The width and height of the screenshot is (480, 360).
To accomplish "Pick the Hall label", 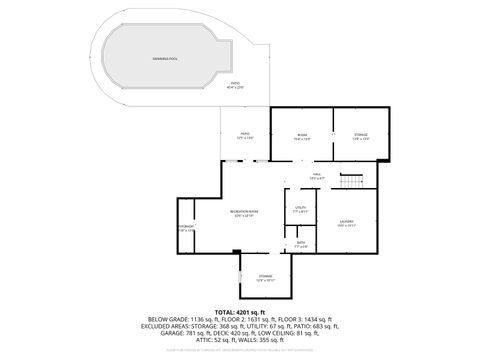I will pos(315,176).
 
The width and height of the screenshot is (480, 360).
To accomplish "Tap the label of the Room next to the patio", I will pos(301,136).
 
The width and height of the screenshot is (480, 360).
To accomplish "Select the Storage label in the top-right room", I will pos(361,136).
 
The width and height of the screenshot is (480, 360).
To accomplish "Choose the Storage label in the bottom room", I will pos(265,277).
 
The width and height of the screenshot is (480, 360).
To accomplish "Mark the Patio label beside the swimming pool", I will pos(235,85).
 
